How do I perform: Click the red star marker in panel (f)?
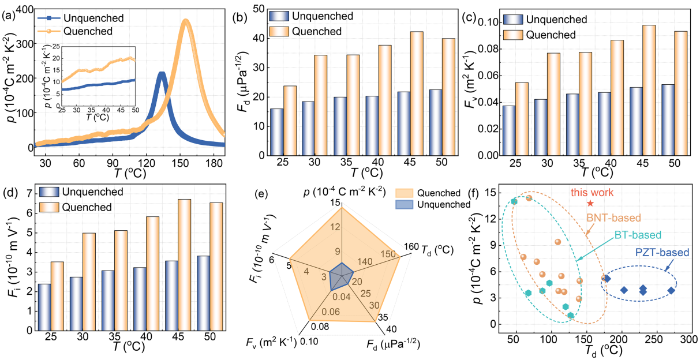(x=590, y=204)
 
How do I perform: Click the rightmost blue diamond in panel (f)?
(x=671, y=290)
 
